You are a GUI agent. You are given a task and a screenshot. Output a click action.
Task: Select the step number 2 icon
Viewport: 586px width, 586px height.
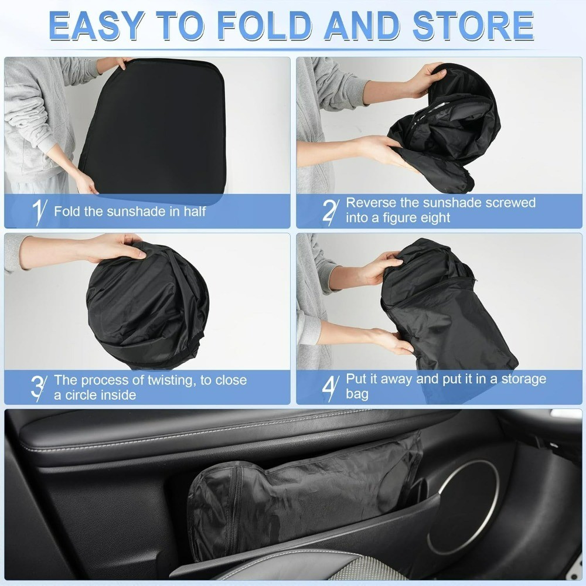click(x=331, y=211)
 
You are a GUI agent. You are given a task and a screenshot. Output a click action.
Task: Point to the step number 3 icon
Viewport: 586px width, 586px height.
click(x=38, y=387)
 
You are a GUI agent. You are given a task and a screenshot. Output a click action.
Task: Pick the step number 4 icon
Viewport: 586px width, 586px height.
click(x=331, y=387)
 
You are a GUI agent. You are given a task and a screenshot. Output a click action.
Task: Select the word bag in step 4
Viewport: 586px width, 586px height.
click(x=357, y=394)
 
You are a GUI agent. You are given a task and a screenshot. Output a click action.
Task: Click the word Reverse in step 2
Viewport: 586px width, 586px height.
click(x=371, y=203)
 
